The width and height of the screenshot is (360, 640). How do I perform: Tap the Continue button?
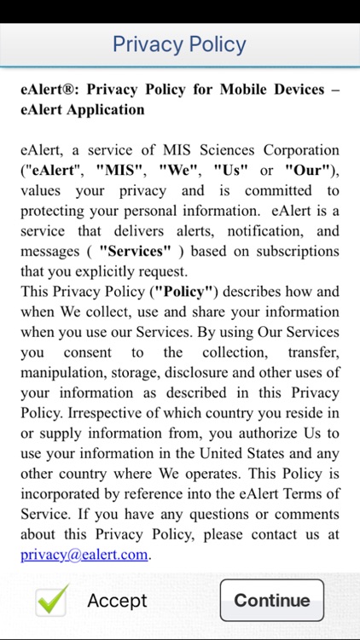pos(271,600)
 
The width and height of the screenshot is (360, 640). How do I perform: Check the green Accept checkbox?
pos(51,601)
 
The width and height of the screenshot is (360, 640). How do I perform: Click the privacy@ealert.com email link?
pos(85,554)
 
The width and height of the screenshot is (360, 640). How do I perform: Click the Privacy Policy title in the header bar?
pos(179,44)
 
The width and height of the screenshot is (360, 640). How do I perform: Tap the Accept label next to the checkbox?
pos(117,601)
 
